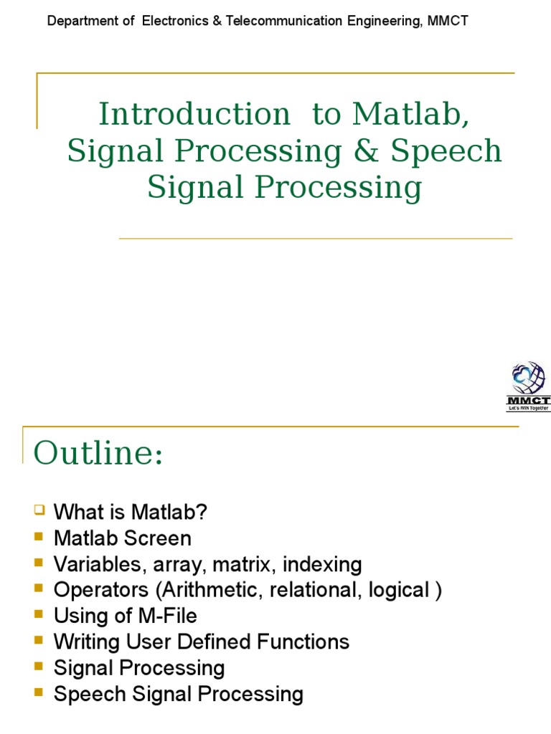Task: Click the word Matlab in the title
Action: tap(410, 114)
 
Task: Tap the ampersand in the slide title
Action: tap(367, 151)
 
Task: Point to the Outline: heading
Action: tap(98, 453)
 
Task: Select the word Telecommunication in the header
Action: tap(284, 21)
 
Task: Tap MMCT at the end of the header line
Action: tap(448, 21)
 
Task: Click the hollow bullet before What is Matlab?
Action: tap(39, 510)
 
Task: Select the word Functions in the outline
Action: tap(304, 642)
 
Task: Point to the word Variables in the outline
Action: tap(87, 564)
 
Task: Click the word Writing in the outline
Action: tap(82, 642)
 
